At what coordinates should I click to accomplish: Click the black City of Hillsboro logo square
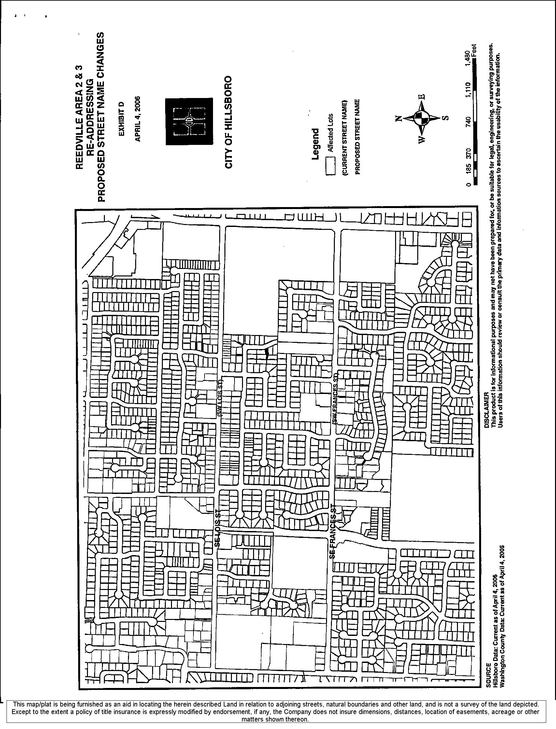click(189, 121)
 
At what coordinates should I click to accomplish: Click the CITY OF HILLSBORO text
click(228, 122)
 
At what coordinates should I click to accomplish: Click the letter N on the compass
click(398, 119)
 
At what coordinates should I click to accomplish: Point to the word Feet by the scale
click(475, 50)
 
